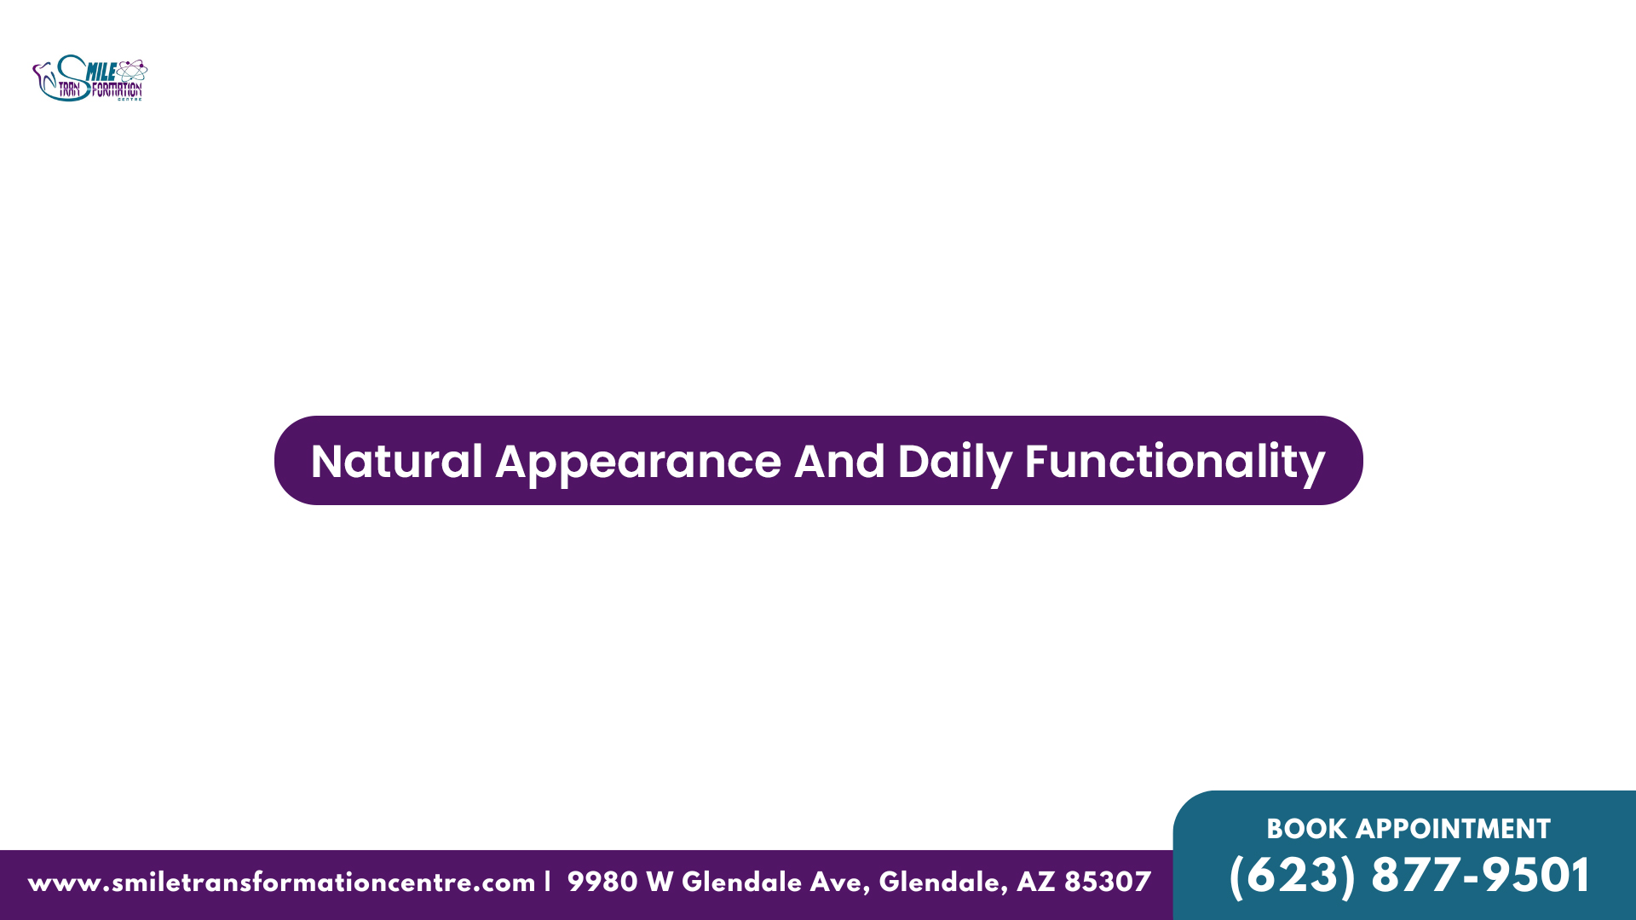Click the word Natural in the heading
pos(397,462)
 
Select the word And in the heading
pos(839,462)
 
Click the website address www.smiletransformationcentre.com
pos(281,883)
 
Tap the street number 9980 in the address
pos(602,882)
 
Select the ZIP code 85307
pos(1107,882)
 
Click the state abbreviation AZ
pos(1035,882)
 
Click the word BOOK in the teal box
pos(1306,829)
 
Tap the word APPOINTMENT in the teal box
pos(1453,829)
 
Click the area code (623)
pos(1292,876)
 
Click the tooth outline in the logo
pos(43,78)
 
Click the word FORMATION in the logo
pos(117,89)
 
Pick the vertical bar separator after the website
pos(548,882)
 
